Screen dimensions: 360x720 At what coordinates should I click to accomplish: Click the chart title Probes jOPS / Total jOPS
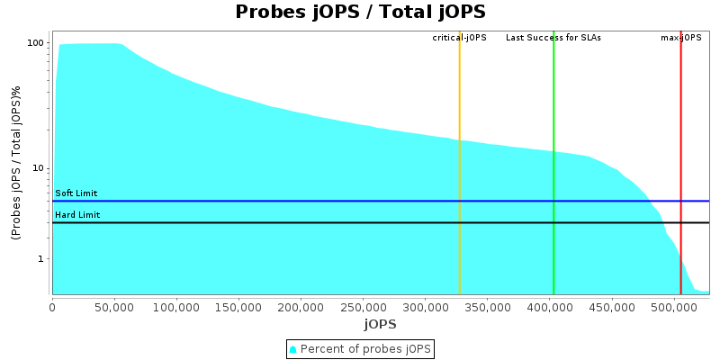[x=360, y=12]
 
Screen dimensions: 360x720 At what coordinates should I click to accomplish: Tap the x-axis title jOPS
[x=380, y=323]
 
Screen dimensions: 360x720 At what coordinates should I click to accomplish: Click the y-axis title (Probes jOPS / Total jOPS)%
[x=16, y=162]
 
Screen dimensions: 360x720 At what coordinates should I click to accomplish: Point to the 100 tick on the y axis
[x=37, y=43]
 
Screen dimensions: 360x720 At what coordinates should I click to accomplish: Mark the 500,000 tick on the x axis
[x=674, y=306]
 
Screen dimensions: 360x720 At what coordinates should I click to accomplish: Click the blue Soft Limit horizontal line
[x=360, y=202]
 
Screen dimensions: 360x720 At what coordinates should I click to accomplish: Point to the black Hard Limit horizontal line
[x=360, y=222]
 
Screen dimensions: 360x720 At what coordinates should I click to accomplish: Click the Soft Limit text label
[x=76, y=193]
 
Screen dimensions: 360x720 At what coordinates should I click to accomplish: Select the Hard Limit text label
[x=77, y=215]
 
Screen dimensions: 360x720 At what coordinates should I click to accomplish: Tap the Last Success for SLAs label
[x=553, y=38]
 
